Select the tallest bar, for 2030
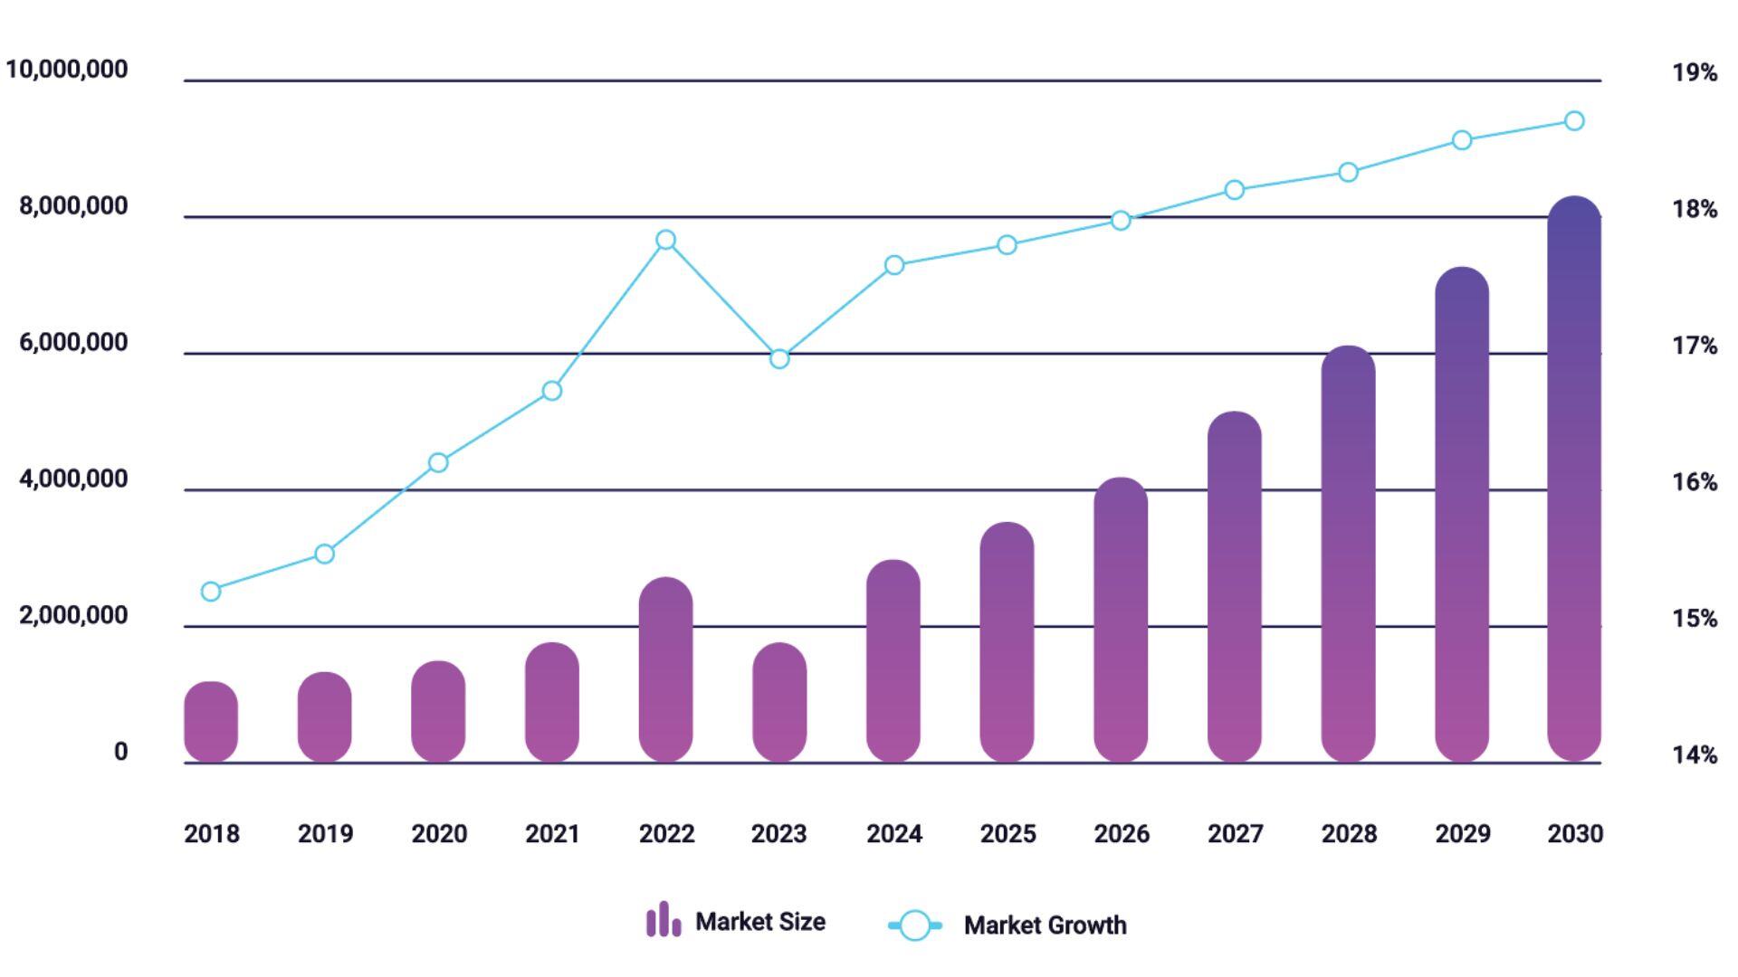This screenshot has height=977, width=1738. (x=1574, y=479)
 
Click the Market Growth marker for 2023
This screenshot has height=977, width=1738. (x=779, y=359)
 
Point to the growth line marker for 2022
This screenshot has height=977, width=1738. (x=665, y=240)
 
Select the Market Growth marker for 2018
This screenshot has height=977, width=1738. (x=211, y=592)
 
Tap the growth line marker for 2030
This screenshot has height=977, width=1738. (x=1574, y=121)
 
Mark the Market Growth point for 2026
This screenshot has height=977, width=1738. (x=1121, y=221)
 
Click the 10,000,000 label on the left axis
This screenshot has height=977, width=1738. (x=67, y=70)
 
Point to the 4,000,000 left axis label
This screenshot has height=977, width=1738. (x=73, y=479)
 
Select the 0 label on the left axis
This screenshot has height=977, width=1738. (x=120, y=753)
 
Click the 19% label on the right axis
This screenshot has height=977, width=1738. (x=1695, y=73)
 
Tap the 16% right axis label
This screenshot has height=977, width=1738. (x=1695, y=482)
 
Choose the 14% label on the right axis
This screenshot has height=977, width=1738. (x=1695, y=755)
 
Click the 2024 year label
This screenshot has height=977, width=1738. (x=893, y=834)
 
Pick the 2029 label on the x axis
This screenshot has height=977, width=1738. (x=1462, y=834)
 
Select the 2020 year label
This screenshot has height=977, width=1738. (x=439, y=834)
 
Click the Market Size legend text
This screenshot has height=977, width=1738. (x=759, y=922)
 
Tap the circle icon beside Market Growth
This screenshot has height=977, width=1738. (x=915, y=925)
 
